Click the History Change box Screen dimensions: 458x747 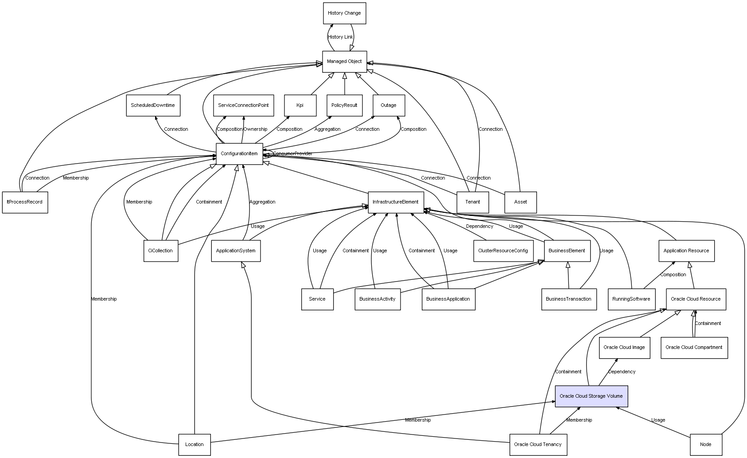pyautogui.click(x=344, y=13)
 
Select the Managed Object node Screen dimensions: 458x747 pyautogui.click(x=344, y=62)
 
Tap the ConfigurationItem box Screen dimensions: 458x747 pyautogui.click(x=239, y=154)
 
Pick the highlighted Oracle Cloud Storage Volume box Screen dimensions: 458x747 pyautogui.click(x=591, y=396)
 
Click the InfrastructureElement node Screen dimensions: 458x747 pyautogui.click(x=396, y=202)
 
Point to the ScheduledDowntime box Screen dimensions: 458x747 pyautogui.click(x=153, y=106)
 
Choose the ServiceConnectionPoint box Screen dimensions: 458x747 pyautogui.click(x=243, y=106)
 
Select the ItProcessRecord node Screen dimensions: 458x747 pyautogui.click(x=25, y=202)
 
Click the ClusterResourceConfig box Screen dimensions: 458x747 pyautogui.click(x=503, y=251)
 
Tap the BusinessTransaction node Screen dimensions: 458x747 pyautogui.click(x=568, y=299)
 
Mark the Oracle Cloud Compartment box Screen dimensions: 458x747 pyautogui.click(x=694, y=348)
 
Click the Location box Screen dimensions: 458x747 pyautogui.click(x=195, y=444)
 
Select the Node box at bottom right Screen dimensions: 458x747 pyautogui.click(x=705, y=444)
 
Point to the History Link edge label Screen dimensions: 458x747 pyautogui.click(x=340, y=37)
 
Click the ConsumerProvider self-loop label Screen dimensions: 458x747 pyautogui.click(x=292, y=154)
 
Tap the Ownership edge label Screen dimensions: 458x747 pyautogui.click(x=255, y=129)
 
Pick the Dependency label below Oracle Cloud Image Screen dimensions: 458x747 pyautogui.click(x=622, y=372)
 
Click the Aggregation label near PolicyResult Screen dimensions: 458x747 pyautogui.click(x=327, y=129)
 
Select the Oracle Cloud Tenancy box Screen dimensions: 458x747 pyautogui.click(x=538, y=444)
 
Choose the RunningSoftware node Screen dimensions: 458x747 pyautogui.click(x=631, y=299)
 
